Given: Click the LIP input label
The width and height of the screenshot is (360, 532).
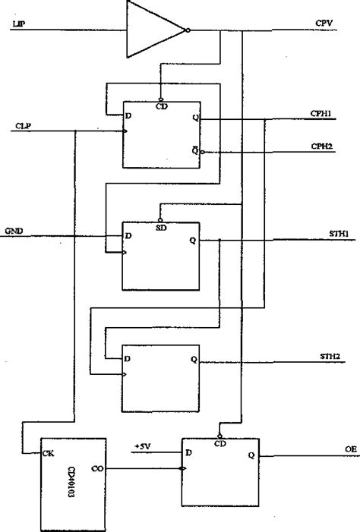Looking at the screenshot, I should [17, 25].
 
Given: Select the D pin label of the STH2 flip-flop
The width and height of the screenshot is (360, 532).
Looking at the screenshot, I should [128, 357].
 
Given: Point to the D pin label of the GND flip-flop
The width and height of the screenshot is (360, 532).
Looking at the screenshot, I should [128, 237].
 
